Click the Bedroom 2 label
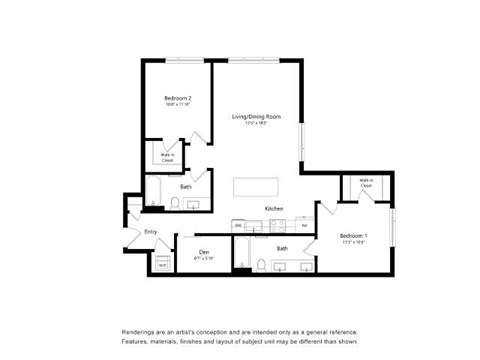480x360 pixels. [178, 98]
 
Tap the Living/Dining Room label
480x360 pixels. [256, 117]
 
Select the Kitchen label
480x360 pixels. [273, 208]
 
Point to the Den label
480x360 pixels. [203, 251]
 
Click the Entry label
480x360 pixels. [151, 232]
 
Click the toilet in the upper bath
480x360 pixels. [174, 204]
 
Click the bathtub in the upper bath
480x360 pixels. [154, 194]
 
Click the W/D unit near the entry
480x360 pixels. [161, 263]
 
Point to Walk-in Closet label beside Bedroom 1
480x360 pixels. [365, 185]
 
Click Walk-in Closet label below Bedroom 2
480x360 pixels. [168, 156]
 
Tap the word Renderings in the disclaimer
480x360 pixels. [140, 332]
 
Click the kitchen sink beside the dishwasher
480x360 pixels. [251, 224]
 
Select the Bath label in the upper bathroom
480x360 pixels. [186, 187]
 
